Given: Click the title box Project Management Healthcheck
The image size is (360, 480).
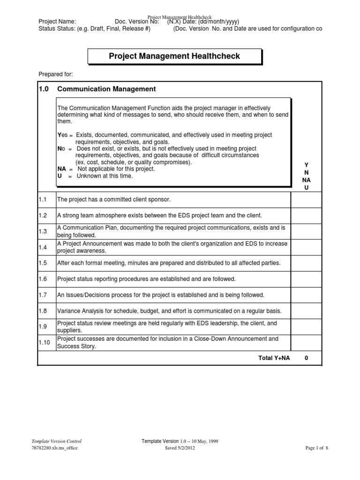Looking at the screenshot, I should pyautogui.click(x=174, y=56).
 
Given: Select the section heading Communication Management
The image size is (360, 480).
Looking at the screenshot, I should pyautogui.click(x=106, y=89).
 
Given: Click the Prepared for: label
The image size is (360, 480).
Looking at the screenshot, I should pyautogui.click(x=55, y=75).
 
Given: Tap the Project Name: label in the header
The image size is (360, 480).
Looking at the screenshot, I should pyautogui.click(x=57, y=22).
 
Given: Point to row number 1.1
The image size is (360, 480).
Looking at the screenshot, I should pyautogui.click(x=43, y=200).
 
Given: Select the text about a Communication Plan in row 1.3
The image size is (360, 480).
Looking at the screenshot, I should pyautogui.click(x=172, y=231).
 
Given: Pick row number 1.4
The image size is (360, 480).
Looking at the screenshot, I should pyautogui.click(x=43, y=247).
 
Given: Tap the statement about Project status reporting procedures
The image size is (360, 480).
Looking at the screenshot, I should pyautogui.click(x=146, y=279).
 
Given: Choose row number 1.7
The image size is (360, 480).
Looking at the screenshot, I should pyautogui.click(x=43, y=295).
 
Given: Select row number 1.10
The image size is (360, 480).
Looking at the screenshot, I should pyautogui.click(x=45, y=343).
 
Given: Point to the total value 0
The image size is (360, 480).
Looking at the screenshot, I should pyautogui.click(x=306, y=358).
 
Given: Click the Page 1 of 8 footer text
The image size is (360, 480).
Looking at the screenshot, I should pyautogui.click(x=316, y=448).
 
